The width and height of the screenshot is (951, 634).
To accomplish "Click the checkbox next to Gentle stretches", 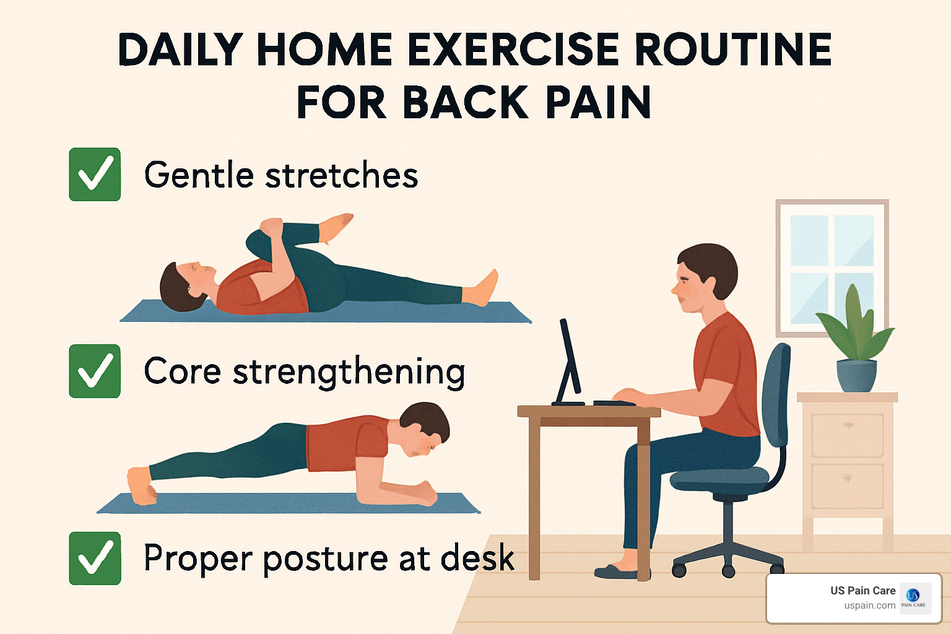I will [x=95, y=175].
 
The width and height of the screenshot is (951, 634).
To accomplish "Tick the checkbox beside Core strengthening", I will [x=95, y=371].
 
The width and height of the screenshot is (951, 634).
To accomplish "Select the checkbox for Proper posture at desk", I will [x=95, y=558].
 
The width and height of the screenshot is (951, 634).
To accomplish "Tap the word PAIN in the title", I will [x=597, y=103].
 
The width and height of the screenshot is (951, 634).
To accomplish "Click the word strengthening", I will [x=349, y=372].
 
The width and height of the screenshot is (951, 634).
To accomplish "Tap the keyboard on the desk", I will [x=613, y=403].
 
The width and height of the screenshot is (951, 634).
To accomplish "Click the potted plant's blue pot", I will [x=856, y=375].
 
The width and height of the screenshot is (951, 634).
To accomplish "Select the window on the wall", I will [x=832, y=266].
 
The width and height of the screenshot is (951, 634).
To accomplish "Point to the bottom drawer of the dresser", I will [x=847, y=485].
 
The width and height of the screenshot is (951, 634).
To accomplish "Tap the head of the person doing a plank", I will [x=425, y=427].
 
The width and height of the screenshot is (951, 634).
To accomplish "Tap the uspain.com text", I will [x=869, y=606].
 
